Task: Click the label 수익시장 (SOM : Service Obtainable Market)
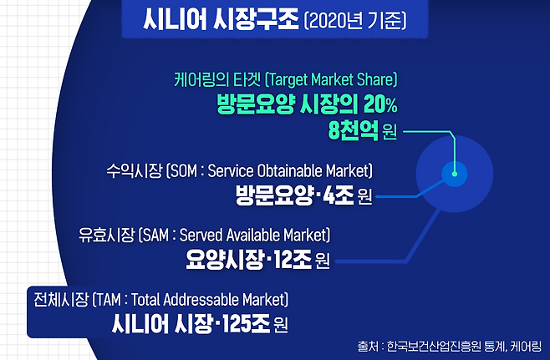(238, 171)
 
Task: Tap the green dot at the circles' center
(454, 175)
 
